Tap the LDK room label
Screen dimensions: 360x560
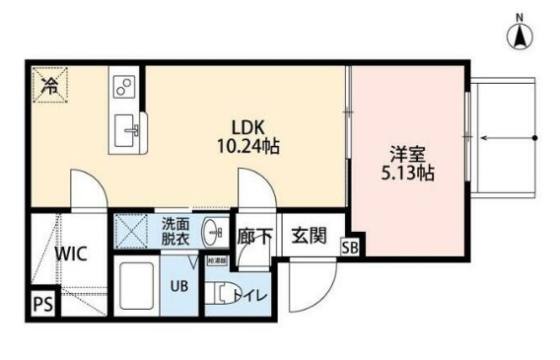(x=247, y=127)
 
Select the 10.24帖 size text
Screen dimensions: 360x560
(x=248, y=146)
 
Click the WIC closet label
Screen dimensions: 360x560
(x=72, y=252)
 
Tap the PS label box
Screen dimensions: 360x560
(x=42, y=304)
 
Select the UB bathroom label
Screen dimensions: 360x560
(x=180, y=286)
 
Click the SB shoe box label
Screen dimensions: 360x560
(x=350, y=248)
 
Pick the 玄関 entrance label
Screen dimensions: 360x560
(x=308, y=236)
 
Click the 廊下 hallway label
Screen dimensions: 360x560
(x=254, y=236)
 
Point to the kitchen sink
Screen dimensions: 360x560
(x=129, y=127)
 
